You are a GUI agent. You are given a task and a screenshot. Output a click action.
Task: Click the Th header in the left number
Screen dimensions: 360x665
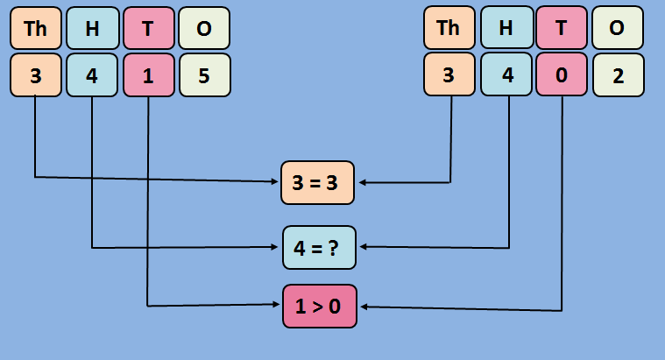click(35, 28)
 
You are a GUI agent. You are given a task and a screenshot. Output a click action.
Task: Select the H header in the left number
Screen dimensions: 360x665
click(92, 28)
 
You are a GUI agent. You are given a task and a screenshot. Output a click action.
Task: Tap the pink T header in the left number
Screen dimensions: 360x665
click(148, 28)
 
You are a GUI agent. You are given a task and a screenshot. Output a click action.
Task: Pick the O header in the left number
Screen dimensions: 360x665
click(204, 28)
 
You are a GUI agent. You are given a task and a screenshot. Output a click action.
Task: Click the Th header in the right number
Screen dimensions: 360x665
click(449, 28)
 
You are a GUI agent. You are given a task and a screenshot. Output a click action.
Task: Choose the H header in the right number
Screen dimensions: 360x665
click(506, 28)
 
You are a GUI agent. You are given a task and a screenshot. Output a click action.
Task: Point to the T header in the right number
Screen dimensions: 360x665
click(562, 28)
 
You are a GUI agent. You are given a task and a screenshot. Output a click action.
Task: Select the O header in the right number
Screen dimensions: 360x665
click(618, 28)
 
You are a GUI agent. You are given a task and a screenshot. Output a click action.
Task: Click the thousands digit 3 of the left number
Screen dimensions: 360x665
click(35, 75)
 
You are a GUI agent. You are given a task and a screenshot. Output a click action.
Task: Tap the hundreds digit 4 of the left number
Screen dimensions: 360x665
click(92, 75)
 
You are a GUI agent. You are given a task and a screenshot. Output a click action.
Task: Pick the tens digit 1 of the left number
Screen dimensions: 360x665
click(148, 75)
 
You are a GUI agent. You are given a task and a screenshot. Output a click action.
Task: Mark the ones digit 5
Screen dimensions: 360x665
click(204, 75)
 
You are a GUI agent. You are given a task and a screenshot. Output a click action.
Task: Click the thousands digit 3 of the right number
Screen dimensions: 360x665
click(449, 75)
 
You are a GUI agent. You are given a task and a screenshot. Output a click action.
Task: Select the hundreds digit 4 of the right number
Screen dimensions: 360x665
click(506, 75)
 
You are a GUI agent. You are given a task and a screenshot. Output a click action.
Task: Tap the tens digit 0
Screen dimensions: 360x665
click(562, 75)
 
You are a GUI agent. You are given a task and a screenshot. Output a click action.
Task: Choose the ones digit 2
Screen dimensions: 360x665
click(618, 75)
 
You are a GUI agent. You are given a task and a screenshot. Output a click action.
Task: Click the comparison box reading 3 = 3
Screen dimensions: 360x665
click(317, 182)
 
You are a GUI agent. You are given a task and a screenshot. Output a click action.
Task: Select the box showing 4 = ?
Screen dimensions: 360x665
click(319, 247)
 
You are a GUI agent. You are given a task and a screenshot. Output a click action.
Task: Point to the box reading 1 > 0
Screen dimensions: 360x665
click(319, 306)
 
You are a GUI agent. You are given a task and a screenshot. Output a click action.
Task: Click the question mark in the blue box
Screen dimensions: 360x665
click(334, 247)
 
